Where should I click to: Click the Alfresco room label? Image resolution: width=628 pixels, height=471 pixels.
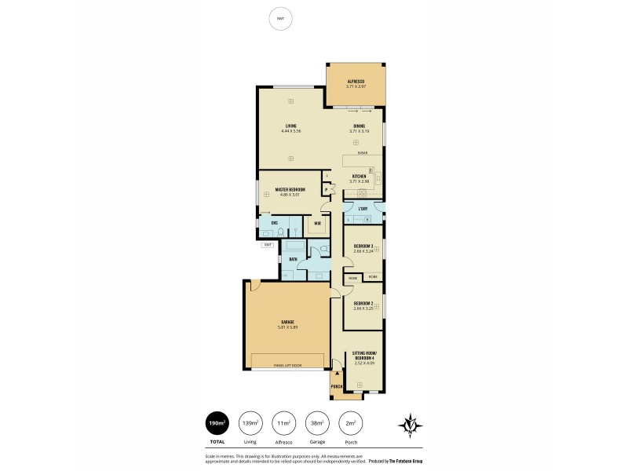358,81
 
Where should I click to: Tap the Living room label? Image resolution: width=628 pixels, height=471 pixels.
290,126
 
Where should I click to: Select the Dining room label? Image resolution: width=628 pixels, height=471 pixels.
358,126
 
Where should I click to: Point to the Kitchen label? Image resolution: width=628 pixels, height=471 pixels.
360,176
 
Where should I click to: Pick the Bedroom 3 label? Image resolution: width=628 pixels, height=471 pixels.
363,246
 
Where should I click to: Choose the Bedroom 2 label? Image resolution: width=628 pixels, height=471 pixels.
363,303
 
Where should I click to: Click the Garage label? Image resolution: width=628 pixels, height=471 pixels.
287,322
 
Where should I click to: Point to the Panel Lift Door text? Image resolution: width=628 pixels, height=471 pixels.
287,365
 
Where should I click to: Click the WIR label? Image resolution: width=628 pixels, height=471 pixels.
317,224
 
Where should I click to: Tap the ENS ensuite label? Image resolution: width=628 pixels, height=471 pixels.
275,224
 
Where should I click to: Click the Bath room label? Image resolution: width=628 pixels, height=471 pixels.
293,259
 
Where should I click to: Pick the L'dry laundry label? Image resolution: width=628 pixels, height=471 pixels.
363,209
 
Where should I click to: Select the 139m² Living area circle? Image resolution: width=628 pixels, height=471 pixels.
251,424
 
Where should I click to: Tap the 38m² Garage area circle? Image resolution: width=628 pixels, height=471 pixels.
317,424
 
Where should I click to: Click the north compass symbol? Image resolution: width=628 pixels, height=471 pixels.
411,425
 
